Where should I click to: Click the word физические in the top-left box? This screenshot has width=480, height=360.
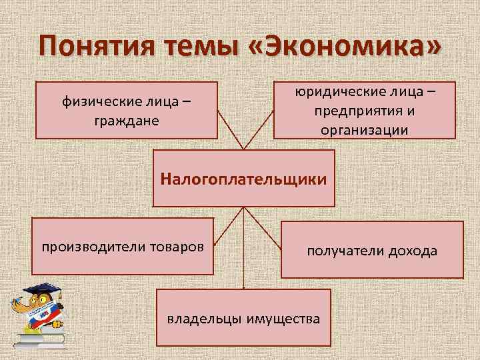point(98,103)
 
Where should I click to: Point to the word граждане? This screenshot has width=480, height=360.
point(127,123)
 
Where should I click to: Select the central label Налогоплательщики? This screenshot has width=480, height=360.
point(244,179)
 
